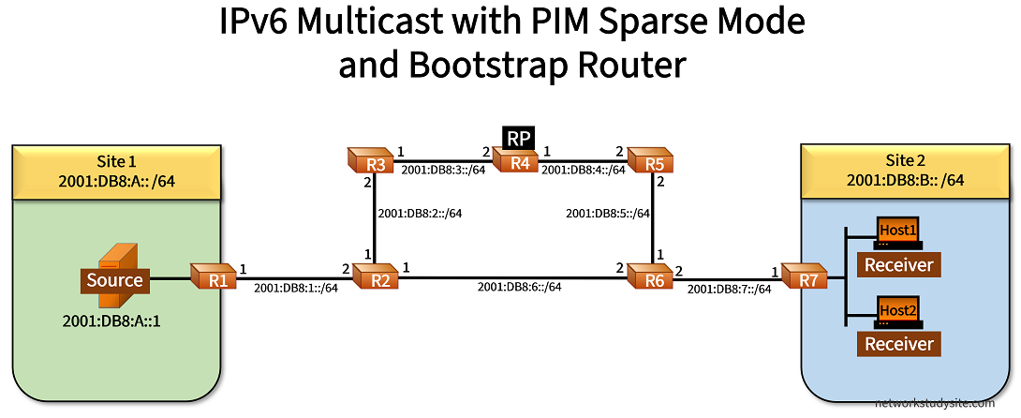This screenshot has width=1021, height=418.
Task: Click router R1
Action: tap(213, 277)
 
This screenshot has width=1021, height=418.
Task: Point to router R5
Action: tap(650, 161)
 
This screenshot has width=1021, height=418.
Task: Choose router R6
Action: tap(650, 277)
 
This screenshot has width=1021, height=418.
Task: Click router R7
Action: tap(805, 277)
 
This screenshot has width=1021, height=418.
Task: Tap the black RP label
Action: tap(518, 138)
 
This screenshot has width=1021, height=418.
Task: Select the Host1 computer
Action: tap(897, 231)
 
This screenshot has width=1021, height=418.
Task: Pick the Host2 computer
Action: tap(897, 312)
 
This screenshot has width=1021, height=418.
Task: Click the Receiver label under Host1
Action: tap(898, 265)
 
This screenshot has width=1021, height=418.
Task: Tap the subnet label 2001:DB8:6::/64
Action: tap(519, 286)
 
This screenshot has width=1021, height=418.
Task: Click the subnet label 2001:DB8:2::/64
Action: tap(419, 214)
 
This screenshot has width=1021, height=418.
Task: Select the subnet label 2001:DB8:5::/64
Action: tap(606, 214)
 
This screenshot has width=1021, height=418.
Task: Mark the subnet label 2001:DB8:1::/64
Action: tap(295, 288)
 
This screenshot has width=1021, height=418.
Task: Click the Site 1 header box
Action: tap(116, 171)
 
